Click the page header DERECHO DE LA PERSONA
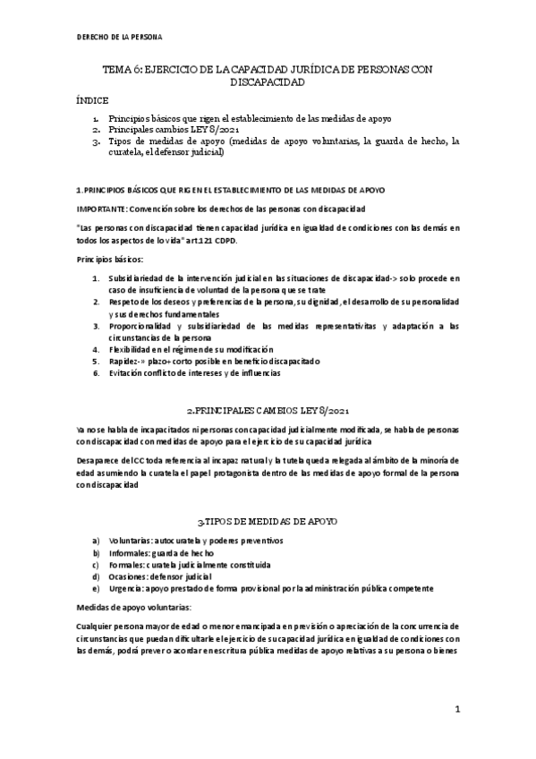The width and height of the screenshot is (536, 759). (118, 37)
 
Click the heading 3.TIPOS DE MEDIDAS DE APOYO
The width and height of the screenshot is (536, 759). (267, 520)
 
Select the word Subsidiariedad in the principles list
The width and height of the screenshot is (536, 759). (137, 279)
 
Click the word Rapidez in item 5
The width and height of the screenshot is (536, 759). (123, 361)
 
